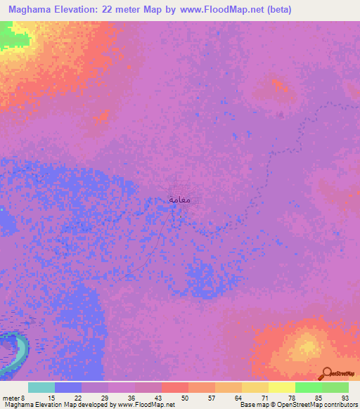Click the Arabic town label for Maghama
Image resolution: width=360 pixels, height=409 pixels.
(x=180, y=199)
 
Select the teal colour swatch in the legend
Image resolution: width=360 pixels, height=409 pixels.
(x=41, y=387)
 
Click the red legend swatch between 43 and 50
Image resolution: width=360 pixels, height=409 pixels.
(x=174, y=387)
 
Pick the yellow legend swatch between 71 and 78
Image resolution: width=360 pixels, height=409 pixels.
(x=281, y=387)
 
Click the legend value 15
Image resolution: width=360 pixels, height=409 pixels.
(x=51, y=398)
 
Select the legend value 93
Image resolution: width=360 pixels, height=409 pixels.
(x=345, y=398)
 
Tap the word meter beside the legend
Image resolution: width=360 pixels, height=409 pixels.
(x=13, y=398)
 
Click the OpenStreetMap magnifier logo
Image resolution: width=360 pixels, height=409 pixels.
(x=326, y=372)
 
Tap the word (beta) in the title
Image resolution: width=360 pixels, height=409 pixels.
(x=278, y=10)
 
